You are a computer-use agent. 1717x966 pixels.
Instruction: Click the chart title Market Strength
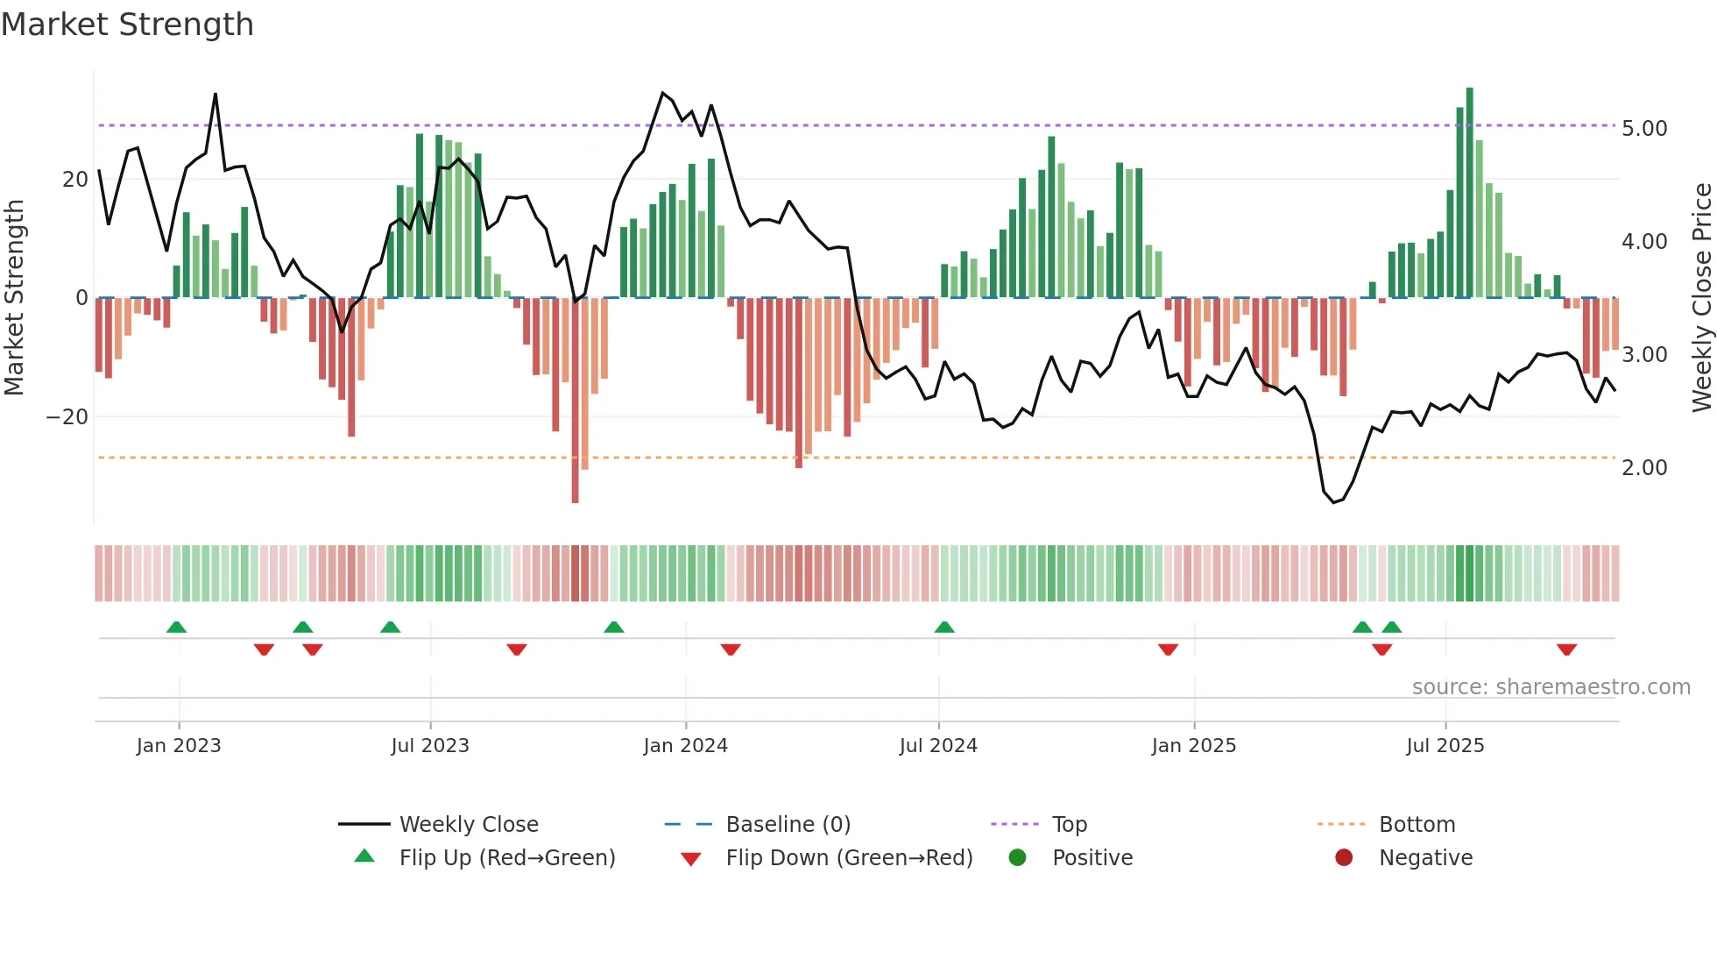[x=127, y=25]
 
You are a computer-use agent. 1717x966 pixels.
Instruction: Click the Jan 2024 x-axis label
[x=685, y=746]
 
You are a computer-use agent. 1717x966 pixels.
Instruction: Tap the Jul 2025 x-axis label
[x=1445, y=746]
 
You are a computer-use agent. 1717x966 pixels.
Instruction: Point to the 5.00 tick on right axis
[x=1644, y=129]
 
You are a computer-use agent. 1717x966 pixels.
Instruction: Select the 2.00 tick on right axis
[x=1644, y=468]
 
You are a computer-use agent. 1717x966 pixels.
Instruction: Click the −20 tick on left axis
[x=67, y=417]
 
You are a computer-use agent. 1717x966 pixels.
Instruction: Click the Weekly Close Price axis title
[x=1701, y=298]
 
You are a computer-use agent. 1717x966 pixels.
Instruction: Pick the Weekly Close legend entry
[x=468, y=825]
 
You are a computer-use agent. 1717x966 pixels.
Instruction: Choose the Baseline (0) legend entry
[x=788, y=825]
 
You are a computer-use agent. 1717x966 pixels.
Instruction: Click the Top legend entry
[x=1069, y=825]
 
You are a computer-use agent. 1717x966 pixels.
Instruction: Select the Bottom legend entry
[x=1417, y=825]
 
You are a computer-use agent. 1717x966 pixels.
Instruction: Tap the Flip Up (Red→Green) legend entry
[x=506, y=858]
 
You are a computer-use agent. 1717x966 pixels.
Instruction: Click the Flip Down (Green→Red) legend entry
[x=849, y=858]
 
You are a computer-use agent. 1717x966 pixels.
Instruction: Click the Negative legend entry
[x=1425, y=858]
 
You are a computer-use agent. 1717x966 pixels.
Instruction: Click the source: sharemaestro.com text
[x=1551, y=687]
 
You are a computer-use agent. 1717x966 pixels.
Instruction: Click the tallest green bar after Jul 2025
[x=1470, y=193]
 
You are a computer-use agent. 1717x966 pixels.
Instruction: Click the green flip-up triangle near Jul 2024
[x=944, y=627]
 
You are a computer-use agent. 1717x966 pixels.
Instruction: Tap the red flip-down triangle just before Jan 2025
[x=1168, y=650]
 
